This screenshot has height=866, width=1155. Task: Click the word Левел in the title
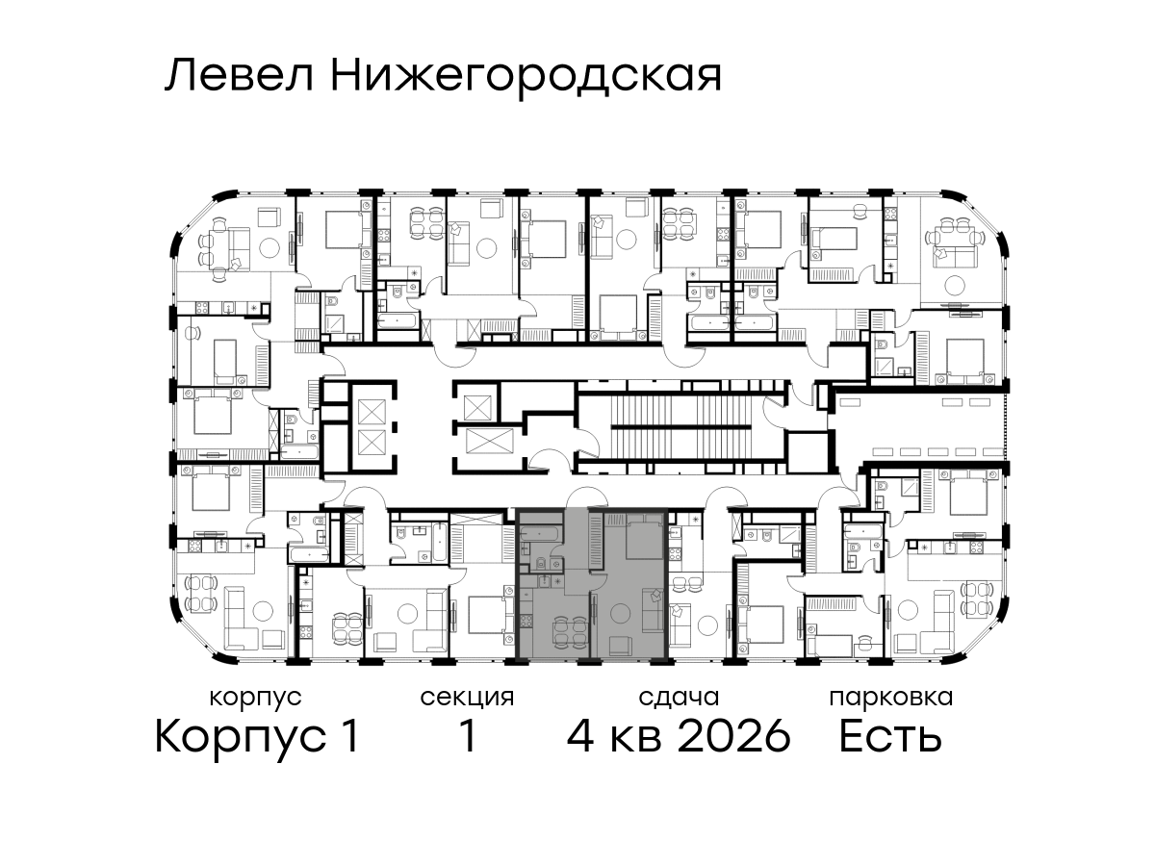[x=240, y=76]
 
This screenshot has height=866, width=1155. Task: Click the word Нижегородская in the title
[x=526, y=79]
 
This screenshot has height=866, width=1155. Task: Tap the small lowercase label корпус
[x=256, y=699]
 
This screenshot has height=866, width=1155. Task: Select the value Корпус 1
[x=257, y=736]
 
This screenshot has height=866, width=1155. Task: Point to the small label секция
[x=467, y=698]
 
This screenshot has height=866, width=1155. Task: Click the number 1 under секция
[x=468, y=736]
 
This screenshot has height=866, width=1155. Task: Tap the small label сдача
[x=679, y=698]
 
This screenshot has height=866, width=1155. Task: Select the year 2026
[x=734, y=736]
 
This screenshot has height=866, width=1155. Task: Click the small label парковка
[x=891, y=698]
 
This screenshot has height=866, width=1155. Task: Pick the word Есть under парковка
[x=890, y=736]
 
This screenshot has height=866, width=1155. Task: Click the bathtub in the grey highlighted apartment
[x=539, y=535]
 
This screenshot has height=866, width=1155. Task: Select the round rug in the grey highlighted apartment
[x=623, y=614]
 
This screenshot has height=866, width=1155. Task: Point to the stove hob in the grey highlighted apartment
[x=526, y=623]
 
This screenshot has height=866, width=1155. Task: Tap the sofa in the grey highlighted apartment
[x=653, y=610]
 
